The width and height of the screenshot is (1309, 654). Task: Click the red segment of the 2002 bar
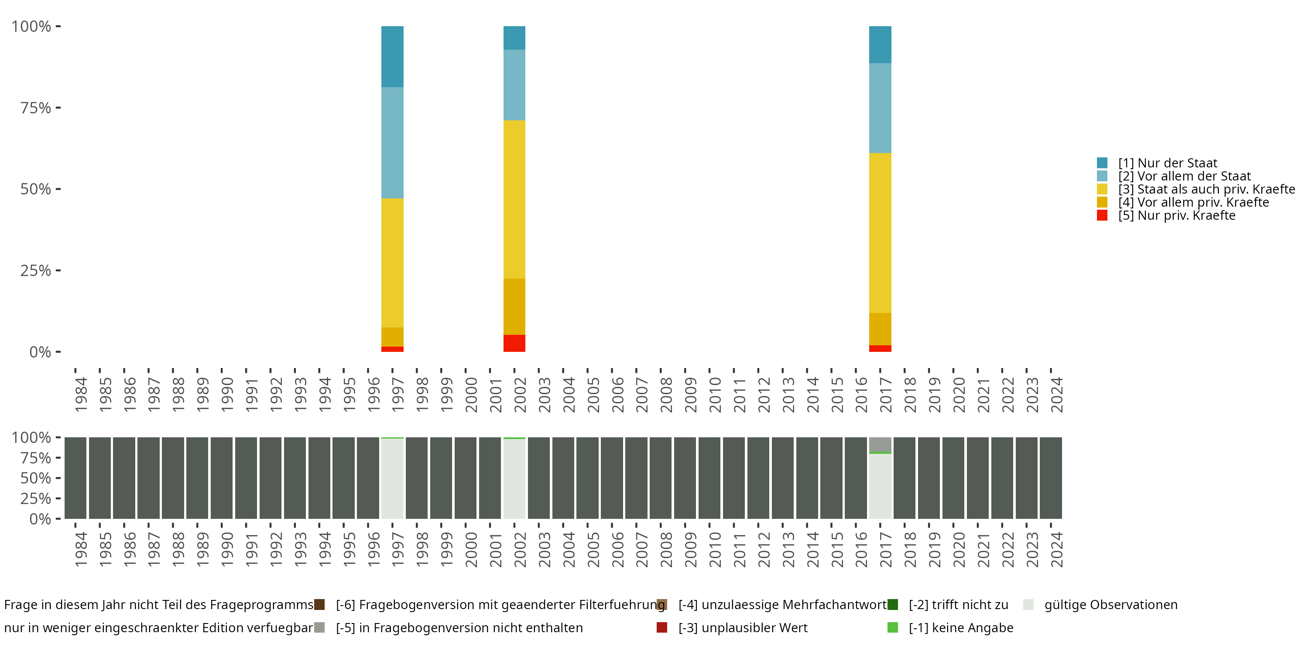click(x=514, y=343)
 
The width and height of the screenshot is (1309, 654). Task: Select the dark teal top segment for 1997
click(x=392, y=56)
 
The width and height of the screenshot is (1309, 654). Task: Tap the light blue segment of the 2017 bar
click(x=880, y=108)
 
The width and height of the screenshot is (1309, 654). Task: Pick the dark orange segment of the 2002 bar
click(x=514, y=307)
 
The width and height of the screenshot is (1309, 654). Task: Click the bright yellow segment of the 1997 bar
click(x=392, y=262)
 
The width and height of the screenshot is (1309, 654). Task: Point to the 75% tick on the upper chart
click(x=58, y=108)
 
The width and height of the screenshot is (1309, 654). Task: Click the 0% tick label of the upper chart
click(x=40, y=352)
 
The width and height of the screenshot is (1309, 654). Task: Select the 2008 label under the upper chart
click(x=666, y=395)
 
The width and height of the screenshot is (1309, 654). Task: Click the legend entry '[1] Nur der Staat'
click(x=1167, y=163)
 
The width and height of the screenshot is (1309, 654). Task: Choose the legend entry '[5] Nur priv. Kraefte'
click(x=1176, y=215)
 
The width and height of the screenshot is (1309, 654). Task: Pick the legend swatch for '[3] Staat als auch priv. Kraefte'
click(x=1102, y=189)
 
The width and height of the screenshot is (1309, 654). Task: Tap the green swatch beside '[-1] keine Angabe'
click(x=892, y=627)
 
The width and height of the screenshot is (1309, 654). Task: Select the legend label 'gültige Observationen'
click(x=1111, y=605)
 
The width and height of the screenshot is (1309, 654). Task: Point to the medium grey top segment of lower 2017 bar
click(x=880, y=444)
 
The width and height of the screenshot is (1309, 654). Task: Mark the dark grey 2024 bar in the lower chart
click(x=1051, y=478)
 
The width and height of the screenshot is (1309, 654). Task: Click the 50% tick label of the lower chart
click(x=36, y=478)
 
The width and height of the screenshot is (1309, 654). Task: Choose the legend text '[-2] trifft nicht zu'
click(x=958, y=605)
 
